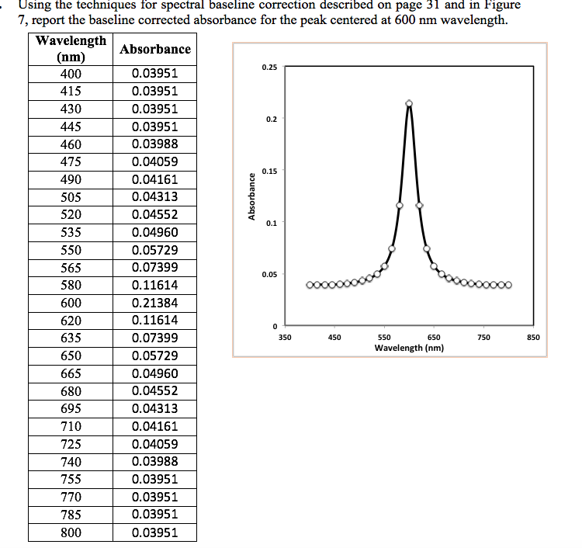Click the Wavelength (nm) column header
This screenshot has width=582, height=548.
click(71, 48)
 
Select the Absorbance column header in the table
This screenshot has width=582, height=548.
click(155, 49)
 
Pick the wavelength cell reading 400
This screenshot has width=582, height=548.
click(71, 74)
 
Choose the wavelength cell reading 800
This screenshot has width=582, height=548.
click(71, 532)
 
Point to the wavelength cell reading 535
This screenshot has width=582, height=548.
click(71, 232)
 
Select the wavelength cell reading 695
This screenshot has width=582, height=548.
click(71, 409)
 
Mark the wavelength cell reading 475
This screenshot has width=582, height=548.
click(71, 162)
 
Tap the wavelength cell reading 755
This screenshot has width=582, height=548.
click(71, 479)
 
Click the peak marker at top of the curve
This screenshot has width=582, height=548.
click(409, 103)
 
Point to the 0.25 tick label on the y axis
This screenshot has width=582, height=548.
click(269, 68)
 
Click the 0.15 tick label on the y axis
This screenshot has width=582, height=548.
click(269, 171)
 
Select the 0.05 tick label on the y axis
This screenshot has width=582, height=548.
click(269, 275)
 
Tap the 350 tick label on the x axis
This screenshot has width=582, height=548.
click(284, 338)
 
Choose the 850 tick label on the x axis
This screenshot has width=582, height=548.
click(532, 338)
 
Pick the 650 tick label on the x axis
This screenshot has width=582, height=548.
click(433, 338)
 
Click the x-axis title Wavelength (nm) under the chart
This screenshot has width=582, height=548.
click(409, 348)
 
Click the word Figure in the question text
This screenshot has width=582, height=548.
click(501, 5)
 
